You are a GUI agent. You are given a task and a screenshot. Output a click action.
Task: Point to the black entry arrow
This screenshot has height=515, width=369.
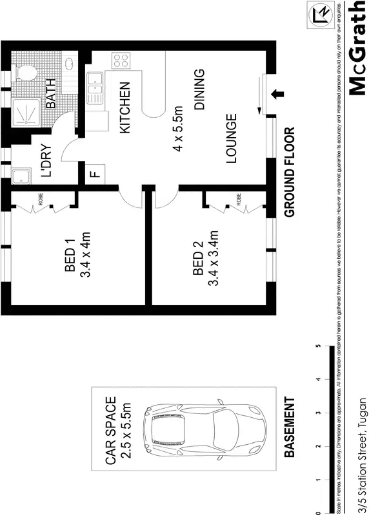coord(279,94)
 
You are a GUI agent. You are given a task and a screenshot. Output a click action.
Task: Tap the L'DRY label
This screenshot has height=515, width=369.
coord(46,160)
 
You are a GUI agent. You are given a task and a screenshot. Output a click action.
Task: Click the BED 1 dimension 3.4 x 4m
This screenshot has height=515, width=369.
coord(86,256)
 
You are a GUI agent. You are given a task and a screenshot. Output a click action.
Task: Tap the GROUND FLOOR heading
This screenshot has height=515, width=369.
coord(290,172)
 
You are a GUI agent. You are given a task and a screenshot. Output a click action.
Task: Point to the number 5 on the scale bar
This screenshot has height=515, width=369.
coord(318,346)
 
